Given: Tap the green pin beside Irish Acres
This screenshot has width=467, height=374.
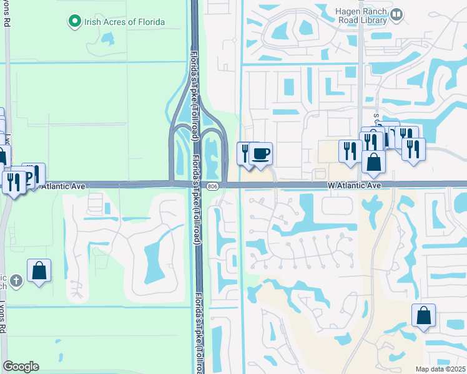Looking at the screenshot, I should [x=75, y=22].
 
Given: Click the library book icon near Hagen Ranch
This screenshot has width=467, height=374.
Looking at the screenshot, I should [x=396, y=13].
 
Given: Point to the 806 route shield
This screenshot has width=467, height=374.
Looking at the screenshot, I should [x=213, y=186].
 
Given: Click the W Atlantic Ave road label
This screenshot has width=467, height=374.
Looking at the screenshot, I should [x=355, y=186].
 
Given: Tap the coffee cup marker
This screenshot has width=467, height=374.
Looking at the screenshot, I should [x=261, y=153].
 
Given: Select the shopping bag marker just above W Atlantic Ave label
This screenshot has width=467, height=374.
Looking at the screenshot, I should [x=373, y=161].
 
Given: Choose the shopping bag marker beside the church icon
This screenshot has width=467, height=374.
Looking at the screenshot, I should [x=39, y=271].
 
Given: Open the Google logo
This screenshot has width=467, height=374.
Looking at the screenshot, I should [x=21, y=367].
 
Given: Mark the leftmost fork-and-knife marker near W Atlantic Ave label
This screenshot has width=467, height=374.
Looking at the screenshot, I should [x=350, y=151].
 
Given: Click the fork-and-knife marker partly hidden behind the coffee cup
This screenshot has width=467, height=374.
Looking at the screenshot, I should [x=245, y=152].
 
